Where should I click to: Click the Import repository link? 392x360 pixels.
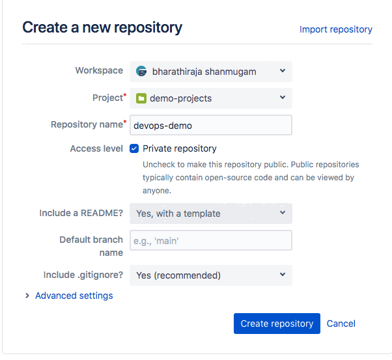coord(336,29)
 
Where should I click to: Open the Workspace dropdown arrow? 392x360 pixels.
coord(283,71)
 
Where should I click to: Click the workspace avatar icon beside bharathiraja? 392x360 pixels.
coord(141,71)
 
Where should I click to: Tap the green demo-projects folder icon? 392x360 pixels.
coord(141,98)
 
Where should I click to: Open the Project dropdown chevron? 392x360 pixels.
coord(283,97)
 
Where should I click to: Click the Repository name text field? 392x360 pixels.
coord(211,125)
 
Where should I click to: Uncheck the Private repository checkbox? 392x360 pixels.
coord(134,148)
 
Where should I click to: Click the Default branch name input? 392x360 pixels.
coord(211,240)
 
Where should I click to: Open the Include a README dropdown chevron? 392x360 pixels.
coord(283,212)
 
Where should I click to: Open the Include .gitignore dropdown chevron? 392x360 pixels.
coord(283,274)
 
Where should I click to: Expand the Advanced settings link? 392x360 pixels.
coord(74,296)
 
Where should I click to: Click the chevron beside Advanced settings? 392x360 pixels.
coord(27,296)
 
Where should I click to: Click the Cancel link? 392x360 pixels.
coord(341,324)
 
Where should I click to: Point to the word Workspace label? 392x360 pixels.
coord(99,70)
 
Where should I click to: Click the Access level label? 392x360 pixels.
coord(96,148)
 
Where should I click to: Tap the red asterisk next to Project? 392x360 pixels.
coord(125,95)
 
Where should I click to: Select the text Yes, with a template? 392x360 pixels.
coord(178,214)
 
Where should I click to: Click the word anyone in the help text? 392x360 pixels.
coord(157,191)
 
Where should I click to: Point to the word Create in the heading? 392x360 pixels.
coord(45,27)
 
